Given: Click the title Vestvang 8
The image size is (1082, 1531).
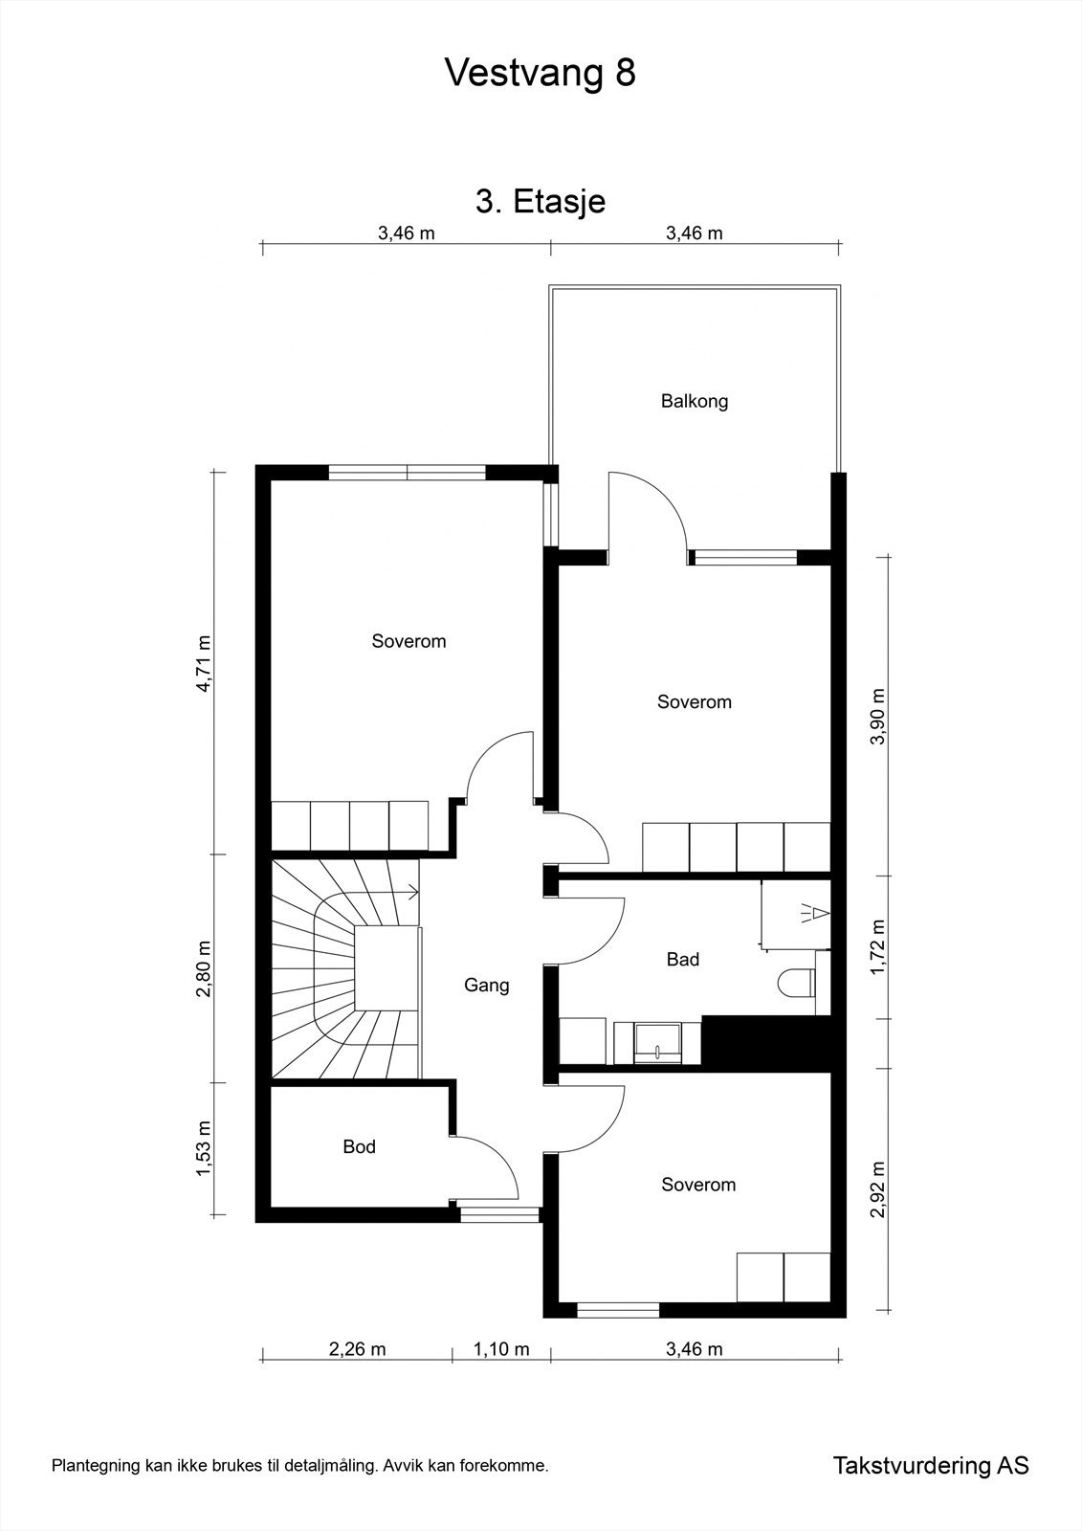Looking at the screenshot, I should tap(540, 73).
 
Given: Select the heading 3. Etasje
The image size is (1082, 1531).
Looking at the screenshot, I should tap(541, 202).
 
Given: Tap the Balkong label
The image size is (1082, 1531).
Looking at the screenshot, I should tap(695, 401).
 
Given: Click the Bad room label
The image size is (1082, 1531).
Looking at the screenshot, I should tap(683, 959).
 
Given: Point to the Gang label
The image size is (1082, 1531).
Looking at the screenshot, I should tap(486, 985).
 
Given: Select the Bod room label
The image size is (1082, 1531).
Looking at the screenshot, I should tap(359, 1146).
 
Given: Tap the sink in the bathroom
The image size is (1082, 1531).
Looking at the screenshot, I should tap(659, 1042).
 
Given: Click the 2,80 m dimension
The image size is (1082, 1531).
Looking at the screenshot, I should tap(203, 968).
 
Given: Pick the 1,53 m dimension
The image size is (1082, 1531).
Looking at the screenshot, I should tap(203, 1150).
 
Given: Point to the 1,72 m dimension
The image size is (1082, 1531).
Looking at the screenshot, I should tap(878, 947).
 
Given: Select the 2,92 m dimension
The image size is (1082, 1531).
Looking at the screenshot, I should tap(878, 1189).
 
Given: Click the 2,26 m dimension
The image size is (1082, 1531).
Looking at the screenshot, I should tap(357, 1349).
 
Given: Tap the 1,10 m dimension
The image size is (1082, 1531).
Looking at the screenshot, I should tap(501, 1349).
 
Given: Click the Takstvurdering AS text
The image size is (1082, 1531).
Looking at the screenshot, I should tap(930, 1465).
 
